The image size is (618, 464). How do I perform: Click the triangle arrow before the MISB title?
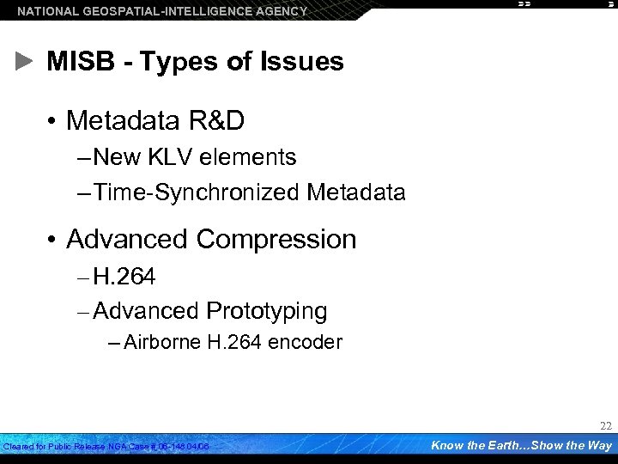click(x=24, y=62)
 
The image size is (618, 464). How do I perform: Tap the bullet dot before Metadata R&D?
click(x=53, y=122)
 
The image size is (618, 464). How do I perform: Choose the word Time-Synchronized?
click(x=196, y=192)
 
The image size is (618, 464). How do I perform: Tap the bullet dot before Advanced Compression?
click(x=53, y=239)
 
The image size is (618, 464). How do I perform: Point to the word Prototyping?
click(x=267, y=310)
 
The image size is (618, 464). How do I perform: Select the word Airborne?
click(x=162, y=342)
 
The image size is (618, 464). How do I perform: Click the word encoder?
click(x=305, y=342)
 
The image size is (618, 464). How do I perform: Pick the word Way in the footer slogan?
click(x=599, y=445)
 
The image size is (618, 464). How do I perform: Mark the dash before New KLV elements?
click(x=82, y=157)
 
